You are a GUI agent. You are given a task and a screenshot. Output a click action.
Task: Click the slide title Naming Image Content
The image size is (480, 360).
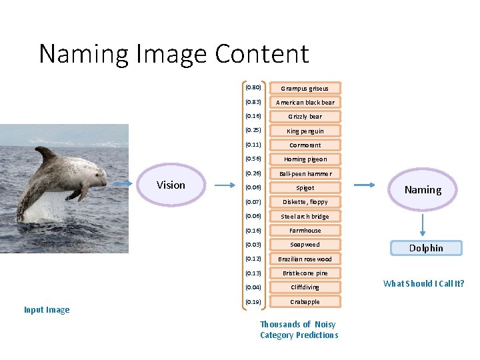174,53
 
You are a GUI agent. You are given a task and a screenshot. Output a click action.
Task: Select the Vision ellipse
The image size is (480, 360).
171,185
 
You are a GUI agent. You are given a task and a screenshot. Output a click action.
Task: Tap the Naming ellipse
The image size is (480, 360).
423,189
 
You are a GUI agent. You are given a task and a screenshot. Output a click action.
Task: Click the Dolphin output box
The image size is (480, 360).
425,248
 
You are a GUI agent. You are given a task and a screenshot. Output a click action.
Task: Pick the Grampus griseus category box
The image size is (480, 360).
305,88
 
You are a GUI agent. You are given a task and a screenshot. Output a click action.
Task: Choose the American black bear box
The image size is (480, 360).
305,102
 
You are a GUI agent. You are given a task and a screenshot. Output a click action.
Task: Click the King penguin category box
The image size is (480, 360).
305,131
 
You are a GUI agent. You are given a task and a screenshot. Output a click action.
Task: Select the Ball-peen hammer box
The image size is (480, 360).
305,173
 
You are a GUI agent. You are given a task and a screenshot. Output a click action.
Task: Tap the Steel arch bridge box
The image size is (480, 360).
305,216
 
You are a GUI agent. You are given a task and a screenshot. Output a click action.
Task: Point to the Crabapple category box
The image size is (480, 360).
305,301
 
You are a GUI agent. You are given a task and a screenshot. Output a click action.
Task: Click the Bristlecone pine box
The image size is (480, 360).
305,273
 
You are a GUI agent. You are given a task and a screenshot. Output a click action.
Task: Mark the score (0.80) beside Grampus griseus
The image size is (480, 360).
253,87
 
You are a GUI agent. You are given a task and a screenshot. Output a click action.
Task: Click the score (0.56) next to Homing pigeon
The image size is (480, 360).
253,159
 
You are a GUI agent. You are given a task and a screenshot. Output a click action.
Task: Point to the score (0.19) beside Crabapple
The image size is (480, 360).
253,301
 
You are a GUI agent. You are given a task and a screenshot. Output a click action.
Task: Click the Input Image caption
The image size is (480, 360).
47,309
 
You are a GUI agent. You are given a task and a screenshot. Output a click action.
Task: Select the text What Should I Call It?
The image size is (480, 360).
423,283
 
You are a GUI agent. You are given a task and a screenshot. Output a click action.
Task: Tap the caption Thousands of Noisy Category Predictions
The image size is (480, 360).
299,329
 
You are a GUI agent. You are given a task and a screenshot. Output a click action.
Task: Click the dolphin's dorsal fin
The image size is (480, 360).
46,155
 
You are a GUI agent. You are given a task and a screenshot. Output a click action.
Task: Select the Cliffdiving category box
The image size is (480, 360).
305,287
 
